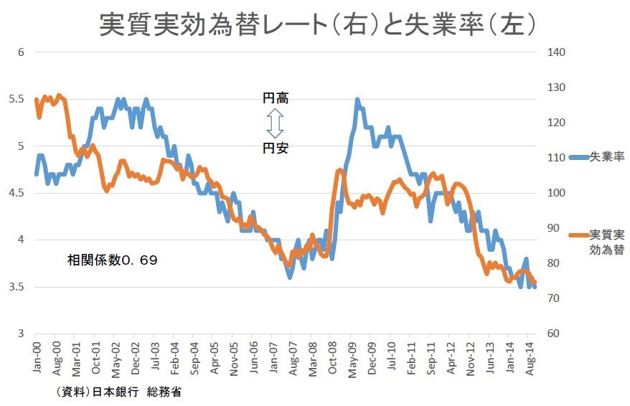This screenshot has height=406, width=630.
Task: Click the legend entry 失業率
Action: pyautogui.click(x=606, y=156)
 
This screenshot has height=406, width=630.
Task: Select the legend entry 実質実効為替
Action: pyautogui.click(x=607, y=242)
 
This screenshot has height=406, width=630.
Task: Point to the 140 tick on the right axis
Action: pyautogui.click(x=557, y=52)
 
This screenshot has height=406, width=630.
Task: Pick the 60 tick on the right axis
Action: pyautogui.click(x=554, y=334)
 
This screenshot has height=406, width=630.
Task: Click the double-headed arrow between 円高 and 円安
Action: pyautogui.click(x=276, y=123)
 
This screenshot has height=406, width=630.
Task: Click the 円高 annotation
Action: pyautogui.click(x=276, y=98)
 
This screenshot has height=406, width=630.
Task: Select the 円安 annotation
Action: pyautogui.click(x=276, y=149)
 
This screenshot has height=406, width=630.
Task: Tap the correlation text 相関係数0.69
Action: pyautogui.click(x=113, y=260)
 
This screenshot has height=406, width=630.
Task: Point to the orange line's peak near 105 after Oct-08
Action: pyautogui.click(x=339, y=170)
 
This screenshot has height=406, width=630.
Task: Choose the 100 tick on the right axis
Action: pyautogui.click(x=557, y=193)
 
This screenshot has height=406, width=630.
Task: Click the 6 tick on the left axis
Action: pyautogui.click(x=22, y=52)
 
